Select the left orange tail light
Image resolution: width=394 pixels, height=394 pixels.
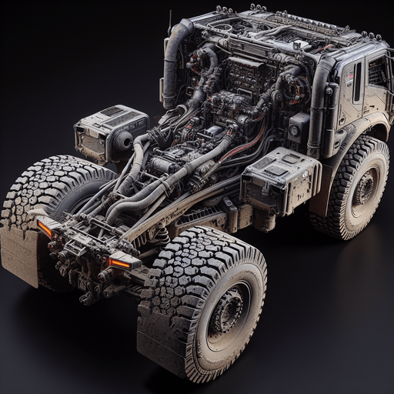tap(45, 228)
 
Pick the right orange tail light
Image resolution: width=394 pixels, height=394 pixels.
tap(119, 263)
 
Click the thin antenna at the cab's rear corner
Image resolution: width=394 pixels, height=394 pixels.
tap(170, 22)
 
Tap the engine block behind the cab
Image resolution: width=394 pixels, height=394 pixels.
tap(239, 92)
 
